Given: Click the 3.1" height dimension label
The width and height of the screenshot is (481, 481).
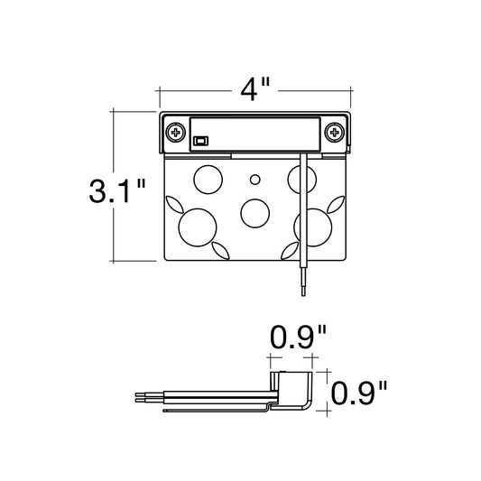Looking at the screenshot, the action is (117, 190).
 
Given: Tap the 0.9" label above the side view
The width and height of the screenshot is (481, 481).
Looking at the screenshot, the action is (298, 338).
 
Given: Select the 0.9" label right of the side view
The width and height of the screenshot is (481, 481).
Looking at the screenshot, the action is (359, 393).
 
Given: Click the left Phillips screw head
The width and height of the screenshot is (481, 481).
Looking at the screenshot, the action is (176, 133).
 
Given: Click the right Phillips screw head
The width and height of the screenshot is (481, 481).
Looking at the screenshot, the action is (335, 133).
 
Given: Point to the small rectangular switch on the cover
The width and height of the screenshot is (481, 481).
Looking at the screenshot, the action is (201, 141).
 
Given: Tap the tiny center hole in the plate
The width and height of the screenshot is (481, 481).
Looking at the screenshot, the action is (254, 180).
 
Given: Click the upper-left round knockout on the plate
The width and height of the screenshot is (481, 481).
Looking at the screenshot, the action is (208, 180).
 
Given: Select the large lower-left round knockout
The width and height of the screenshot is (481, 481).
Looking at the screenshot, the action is (198, 227).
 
